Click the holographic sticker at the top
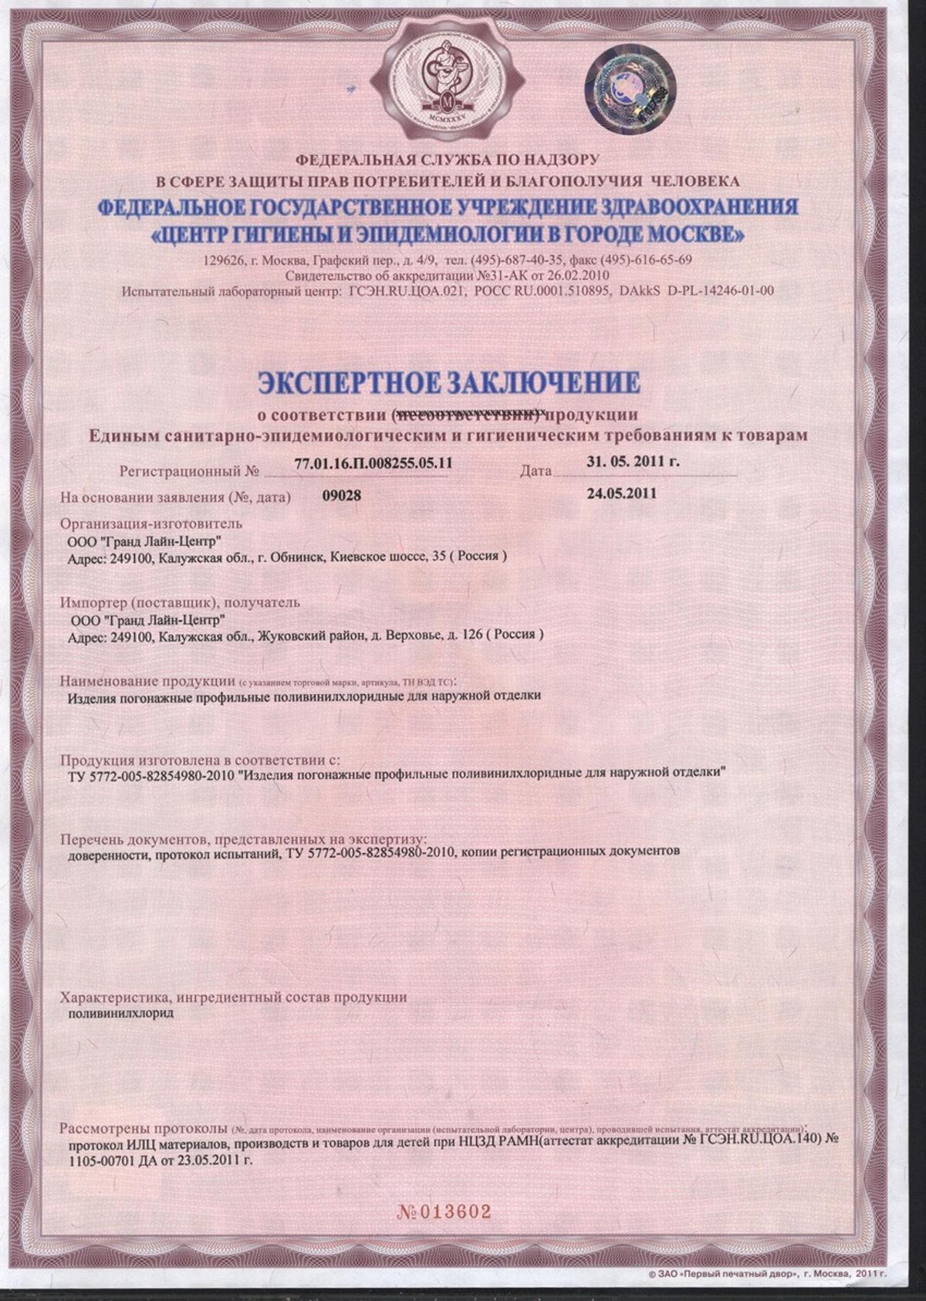tap(630, 90)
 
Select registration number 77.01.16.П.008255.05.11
tap(373, 463)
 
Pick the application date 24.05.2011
tap(622, 493)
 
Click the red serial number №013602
tap(444, 1211)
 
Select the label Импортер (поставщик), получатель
tap(181, 602)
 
